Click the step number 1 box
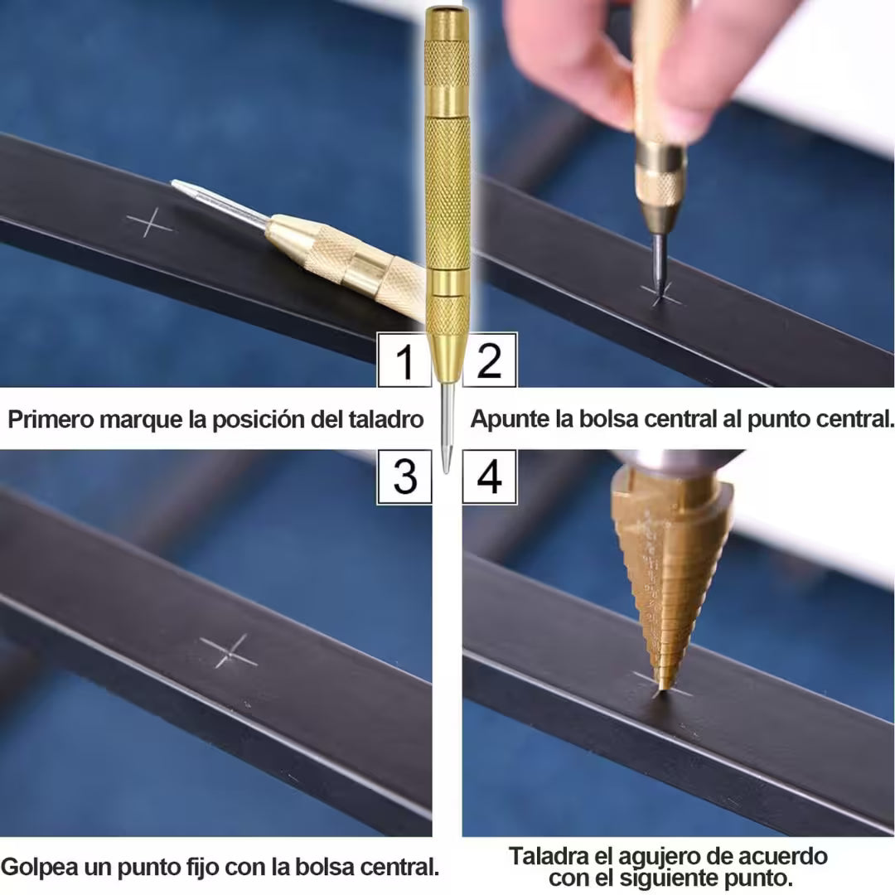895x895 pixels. pos(404,360)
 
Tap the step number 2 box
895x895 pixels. pos(489,360)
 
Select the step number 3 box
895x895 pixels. pos(404,477)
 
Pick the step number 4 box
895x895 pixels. pos(489,477)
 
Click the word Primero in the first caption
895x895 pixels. pos(51,419)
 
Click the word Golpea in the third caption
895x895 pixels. pos(39,868)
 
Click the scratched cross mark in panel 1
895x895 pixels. pos(149,223)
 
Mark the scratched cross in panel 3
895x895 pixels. pos(229,651)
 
